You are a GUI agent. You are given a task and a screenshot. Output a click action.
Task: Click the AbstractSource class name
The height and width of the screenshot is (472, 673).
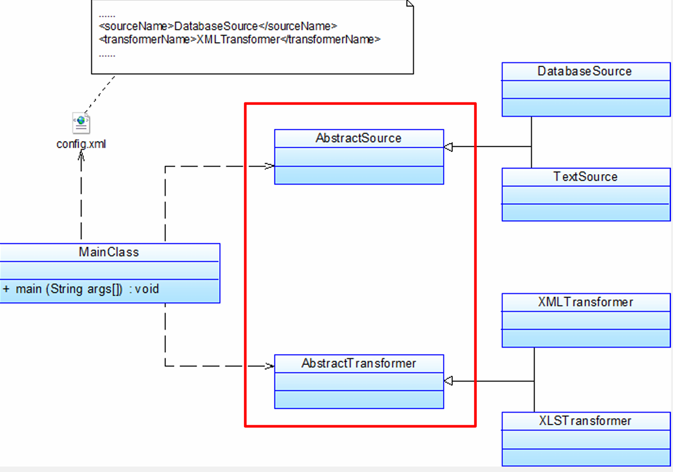[x=359, y=138]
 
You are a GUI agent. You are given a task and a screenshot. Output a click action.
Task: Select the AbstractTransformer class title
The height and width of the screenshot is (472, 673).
[x=359, y=364]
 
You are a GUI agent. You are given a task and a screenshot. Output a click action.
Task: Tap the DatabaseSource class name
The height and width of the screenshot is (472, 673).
[x=585, y=72]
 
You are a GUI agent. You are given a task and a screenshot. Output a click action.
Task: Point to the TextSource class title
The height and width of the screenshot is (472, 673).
[x=585, y=177]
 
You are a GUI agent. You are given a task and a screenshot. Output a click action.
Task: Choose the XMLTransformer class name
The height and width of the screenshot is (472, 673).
[x=585, y=302]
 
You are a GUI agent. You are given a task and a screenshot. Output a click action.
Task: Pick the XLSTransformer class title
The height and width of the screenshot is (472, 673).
[x=585, y=421]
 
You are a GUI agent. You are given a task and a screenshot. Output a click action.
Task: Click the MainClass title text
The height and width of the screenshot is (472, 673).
[x=109, y=252]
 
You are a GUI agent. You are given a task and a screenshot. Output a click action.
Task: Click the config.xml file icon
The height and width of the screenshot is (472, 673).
[x=81, y=123]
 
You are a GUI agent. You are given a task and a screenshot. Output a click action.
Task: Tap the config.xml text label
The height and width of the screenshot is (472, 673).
[x=81, y=144]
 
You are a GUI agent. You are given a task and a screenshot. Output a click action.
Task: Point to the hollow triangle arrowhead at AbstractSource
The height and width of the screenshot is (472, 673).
[x=448, y=147]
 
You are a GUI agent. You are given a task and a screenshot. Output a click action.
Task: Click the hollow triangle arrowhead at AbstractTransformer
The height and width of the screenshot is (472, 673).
[x=448, y=381]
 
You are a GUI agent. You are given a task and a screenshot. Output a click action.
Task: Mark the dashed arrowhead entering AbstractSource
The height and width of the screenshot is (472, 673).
[x=269, y=166]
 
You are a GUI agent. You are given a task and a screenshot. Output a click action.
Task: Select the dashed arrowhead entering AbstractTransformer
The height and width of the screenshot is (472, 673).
[x=269, y=367]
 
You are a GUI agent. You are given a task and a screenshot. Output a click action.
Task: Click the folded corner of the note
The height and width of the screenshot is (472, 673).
[x=409, y=3]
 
